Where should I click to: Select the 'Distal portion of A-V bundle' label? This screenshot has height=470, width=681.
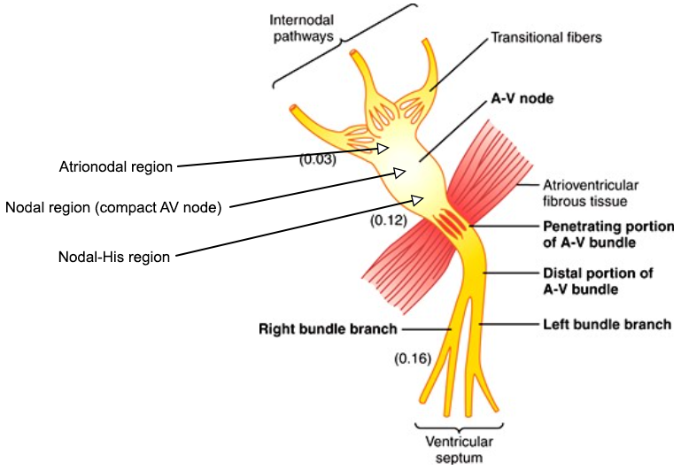[x=597, y=281]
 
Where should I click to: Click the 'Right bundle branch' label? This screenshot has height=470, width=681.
[x=327, y=329]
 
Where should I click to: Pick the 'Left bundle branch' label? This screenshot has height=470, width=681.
[x=606, y=325]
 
